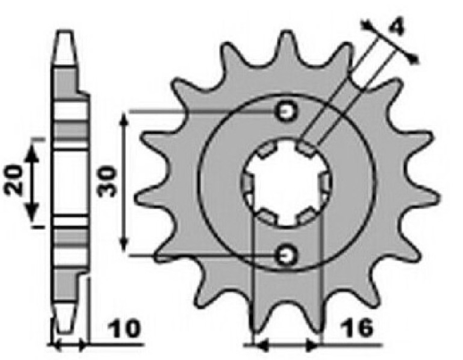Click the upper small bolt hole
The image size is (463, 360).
tap(287, 112)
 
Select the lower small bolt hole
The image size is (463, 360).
tap(287, 255)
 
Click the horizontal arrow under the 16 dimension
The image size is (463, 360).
tap(287, 343)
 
